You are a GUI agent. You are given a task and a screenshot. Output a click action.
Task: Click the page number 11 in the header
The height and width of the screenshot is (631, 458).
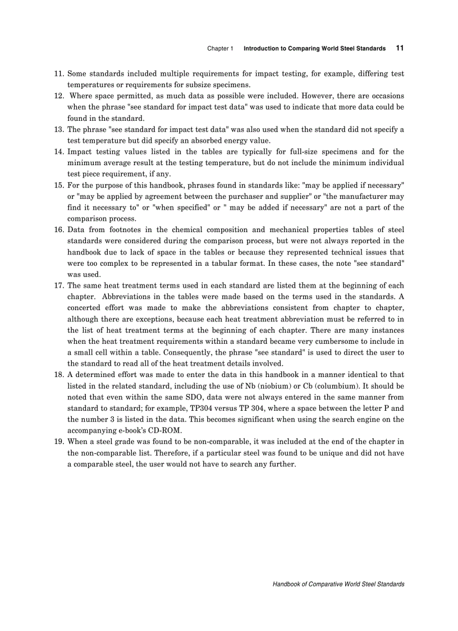400,48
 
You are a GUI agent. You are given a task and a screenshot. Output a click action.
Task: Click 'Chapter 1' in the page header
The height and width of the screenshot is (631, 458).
220,49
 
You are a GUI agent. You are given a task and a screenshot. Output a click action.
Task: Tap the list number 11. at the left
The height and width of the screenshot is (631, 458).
59,74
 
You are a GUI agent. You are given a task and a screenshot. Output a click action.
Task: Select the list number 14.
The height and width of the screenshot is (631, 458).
59,152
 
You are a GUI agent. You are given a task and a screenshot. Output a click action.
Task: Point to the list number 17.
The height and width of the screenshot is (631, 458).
59,285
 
